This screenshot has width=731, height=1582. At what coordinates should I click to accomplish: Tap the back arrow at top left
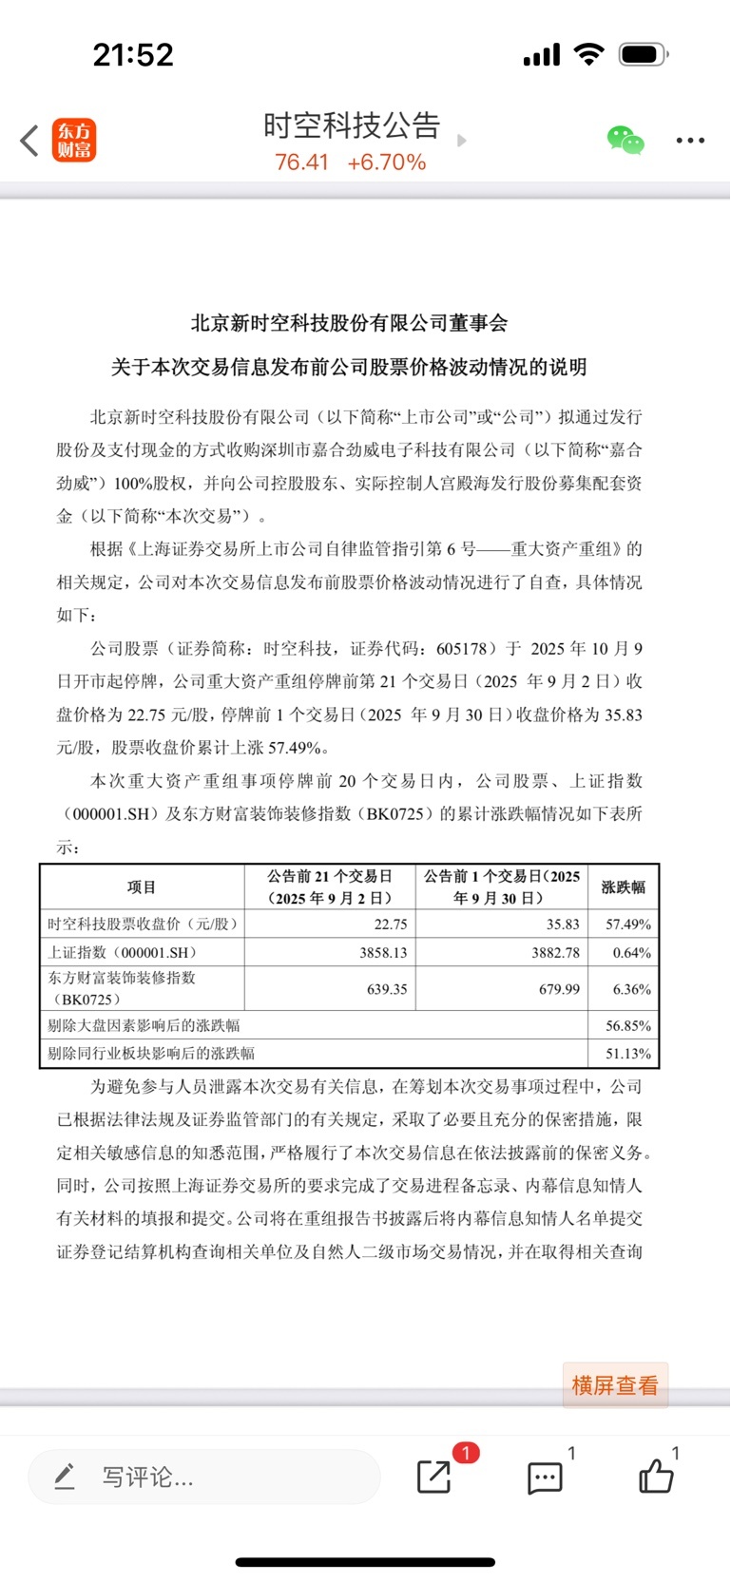(x=29, y=141)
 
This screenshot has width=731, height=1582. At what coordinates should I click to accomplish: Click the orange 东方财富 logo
(x=74, y=141)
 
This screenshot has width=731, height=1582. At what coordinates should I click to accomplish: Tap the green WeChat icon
(x=625, y=141)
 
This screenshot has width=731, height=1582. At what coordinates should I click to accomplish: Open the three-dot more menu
(x=690, y=141)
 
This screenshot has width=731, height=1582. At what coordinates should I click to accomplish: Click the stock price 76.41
(x=301, y=162)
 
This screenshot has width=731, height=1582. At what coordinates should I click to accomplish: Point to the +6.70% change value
(x=387, y=162)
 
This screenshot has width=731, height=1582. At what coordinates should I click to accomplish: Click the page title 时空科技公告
(x=352, y=125)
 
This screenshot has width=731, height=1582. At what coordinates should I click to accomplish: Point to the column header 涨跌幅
(x=624, y=887)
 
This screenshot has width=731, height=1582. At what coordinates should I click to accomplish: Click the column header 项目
(x=142, y=887)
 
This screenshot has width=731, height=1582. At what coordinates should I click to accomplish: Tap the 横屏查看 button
(x=614, y=1385)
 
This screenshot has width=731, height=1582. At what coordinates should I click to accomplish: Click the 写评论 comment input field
(x=204, y=1477)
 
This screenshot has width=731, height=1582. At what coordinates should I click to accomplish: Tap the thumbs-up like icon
(x=656, y=1477)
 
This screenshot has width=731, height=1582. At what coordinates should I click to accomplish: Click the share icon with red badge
(x=434, y=1477)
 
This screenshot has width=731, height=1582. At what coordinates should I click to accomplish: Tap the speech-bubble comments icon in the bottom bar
(x=545, y=1477)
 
